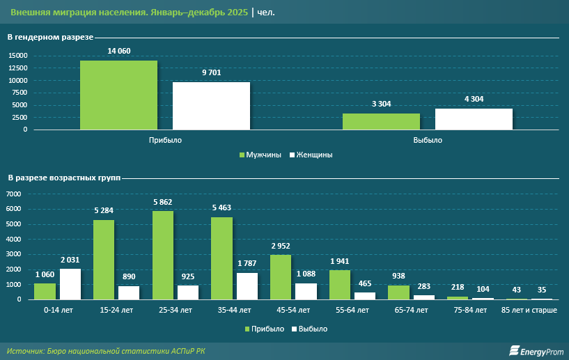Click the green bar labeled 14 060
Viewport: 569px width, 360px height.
(x=118, y=95)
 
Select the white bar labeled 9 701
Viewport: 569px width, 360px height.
(x=211, y=106)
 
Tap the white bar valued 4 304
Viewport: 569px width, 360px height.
(x=474, y=119)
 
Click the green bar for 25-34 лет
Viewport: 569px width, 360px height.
(x=163, y=255)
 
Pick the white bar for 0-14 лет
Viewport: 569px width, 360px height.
(x=70, y=284)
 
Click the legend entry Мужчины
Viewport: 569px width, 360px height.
(x=260, y=155)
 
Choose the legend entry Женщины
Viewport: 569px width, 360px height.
(x=311, y=155)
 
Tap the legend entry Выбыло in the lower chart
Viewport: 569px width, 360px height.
(x=309, y=328)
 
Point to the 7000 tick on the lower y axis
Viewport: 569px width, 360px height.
(x=15, y=194)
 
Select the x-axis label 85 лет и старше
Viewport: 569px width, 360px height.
(x=530, y=308)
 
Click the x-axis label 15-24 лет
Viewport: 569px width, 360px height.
(x=117, y=308)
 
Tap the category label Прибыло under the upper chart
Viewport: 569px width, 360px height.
(x=165, y=140)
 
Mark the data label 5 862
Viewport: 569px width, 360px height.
(x=163, y=203)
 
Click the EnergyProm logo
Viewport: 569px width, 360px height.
(x=536, y=351)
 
